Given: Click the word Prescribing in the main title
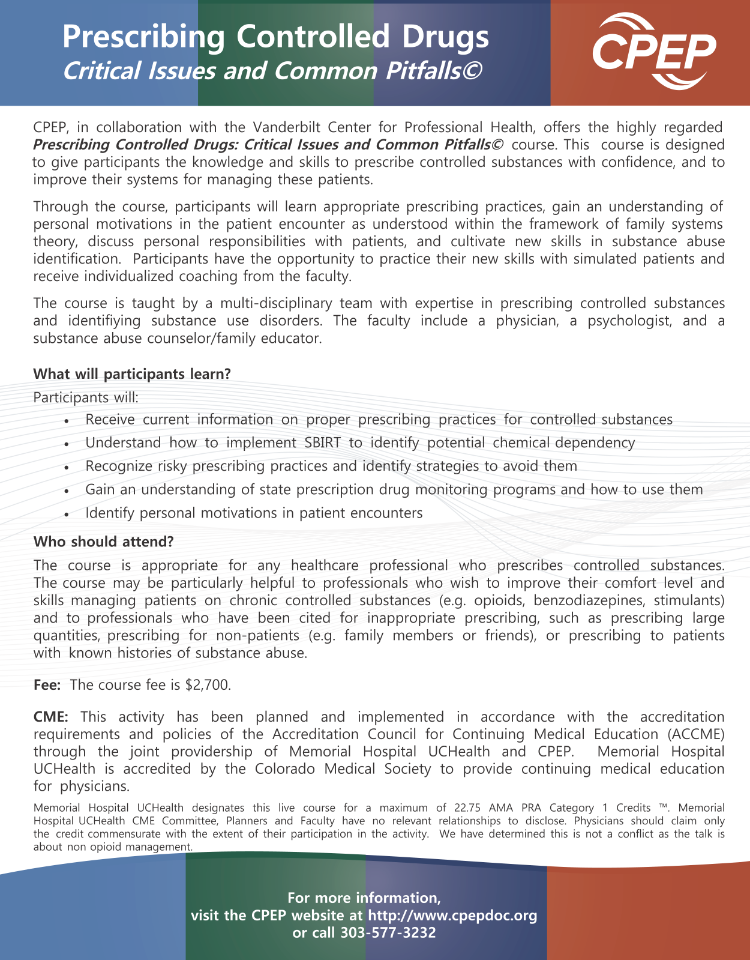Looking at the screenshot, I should click(144, 37).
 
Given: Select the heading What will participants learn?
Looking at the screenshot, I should click(132, 374).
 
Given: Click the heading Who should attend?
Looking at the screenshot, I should click(104, 542).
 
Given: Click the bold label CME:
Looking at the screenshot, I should click(51, 717).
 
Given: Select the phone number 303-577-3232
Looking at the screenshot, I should click(388, 932).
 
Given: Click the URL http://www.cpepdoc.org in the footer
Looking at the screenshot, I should click(452, 916).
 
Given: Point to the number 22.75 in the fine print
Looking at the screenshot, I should click(467, 808).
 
